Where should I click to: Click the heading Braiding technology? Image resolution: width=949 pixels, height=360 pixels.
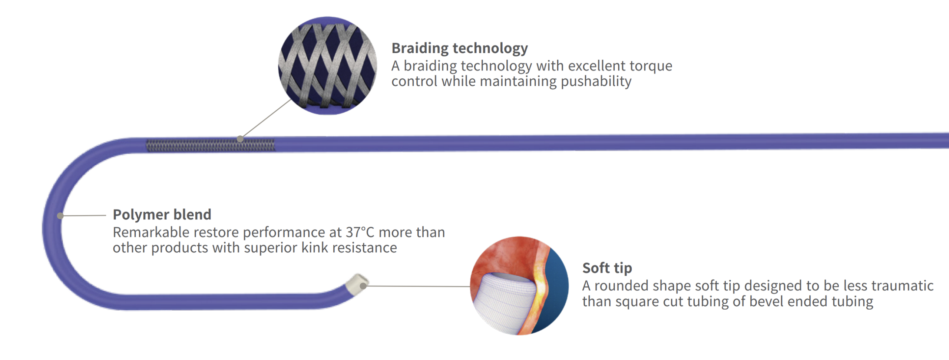[x=460, y=48]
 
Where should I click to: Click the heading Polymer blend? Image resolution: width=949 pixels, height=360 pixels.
[x=162, y=214]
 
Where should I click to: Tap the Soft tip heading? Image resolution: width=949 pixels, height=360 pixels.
[x=607, y=268]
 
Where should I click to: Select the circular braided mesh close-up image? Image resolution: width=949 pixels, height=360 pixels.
[x=327, y=66]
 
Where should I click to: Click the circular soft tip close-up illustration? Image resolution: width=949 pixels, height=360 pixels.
[x=519, y=286]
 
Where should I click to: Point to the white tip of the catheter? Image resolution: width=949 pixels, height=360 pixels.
[x=357, y=284]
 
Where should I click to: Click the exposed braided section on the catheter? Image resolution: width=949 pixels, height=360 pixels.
[x=211, y=145]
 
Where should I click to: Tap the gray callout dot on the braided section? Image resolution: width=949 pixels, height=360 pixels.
[x=240, y=139]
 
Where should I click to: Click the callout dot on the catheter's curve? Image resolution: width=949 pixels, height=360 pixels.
[x=60, y=216]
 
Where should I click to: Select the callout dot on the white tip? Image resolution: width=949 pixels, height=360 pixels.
[x=363, y=286]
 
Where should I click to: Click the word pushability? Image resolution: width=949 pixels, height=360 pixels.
[x=596, y=82]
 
